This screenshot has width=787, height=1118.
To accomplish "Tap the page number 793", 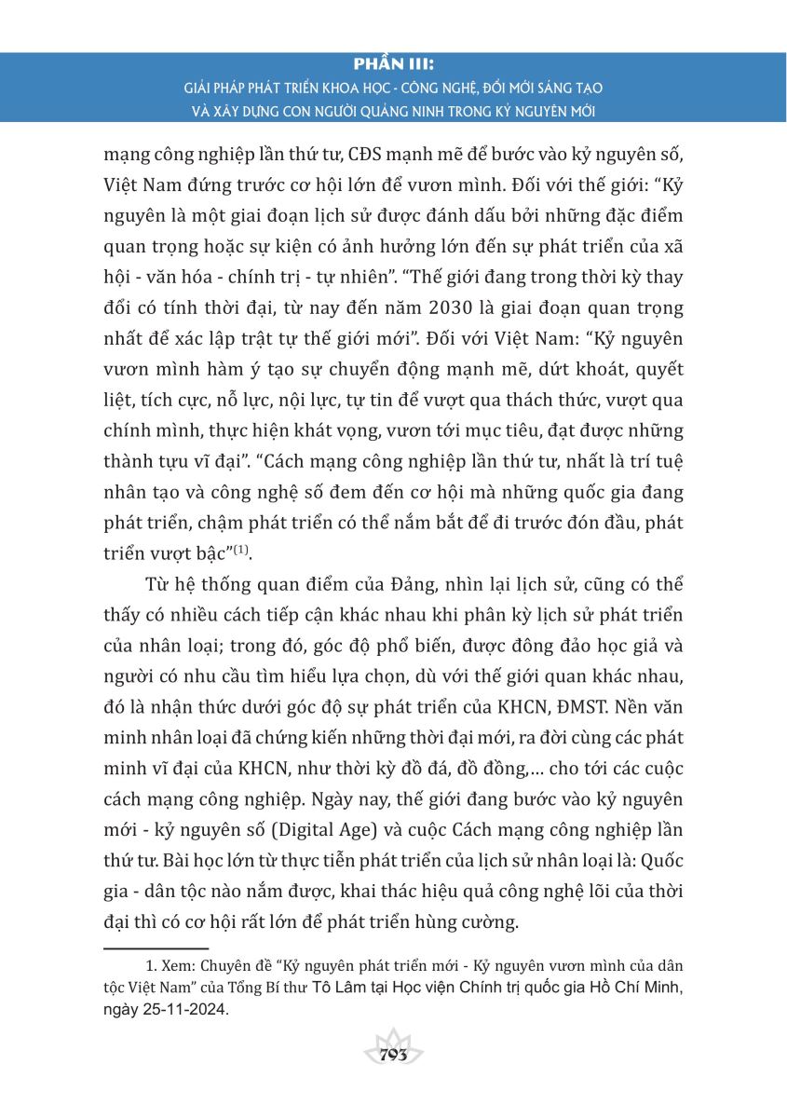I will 394,1056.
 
